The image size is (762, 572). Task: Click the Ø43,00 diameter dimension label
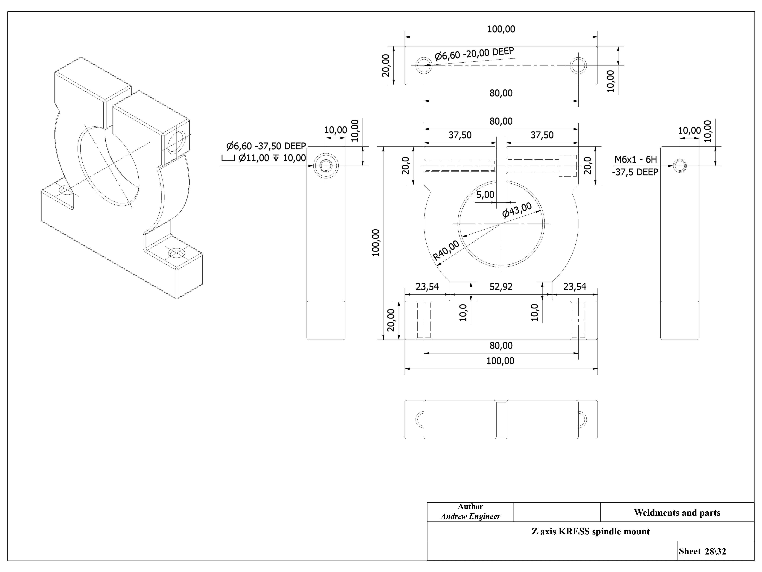[517, 210]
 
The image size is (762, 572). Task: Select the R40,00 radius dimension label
[446, 250]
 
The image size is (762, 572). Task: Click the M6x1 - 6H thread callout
[635, 159]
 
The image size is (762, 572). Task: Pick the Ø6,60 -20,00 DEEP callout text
[474, 54]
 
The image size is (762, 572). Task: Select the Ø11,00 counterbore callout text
[264, 158]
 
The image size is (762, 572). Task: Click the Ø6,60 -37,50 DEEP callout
[266, 146]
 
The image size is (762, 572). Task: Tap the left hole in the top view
[424, 66]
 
